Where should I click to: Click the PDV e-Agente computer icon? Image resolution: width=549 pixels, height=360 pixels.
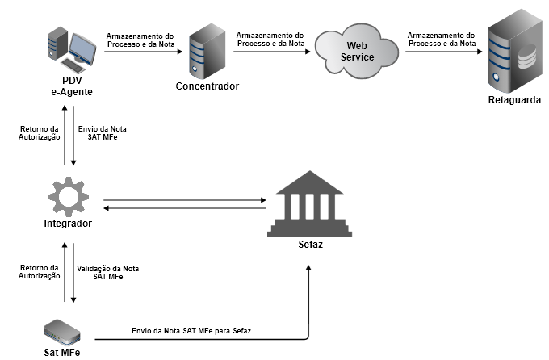[72, 48]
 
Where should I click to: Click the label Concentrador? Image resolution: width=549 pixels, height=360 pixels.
[207, 86]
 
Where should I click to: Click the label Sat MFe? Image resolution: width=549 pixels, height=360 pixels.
[62, 351]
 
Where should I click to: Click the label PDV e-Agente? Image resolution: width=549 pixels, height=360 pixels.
[72, 86]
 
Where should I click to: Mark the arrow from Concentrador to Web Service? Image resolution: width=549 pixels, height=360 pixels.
[270, 52]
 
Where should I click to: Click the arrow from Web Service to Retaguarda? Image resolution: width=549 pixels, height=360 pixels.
[440, 52]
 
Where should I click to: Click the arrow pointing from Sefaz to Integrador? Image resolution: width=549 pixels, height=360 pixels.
[186, 208]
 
